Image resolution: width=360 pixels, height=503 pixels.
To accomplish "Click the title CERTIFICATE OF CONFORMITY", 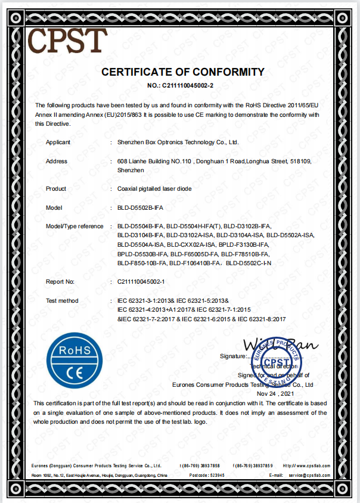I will click(182, 72).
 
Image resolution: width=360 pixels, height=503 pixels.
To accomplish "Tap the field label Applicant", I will click(58, 142).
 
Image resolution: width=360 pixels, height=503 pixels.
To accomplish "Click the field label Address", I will click(57, 162).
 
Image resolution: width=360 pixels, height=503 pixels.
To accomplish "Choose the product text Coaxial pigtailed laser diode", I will click(154, 189).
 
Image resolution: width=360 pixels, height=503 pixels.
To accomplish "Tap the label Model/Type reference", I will click(74, 227).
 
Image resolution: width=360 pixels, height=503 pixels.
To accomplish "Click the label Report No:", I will click(60, 281).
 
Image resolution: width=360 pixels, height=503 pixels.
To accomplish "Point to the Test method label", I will click(62, 300).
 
